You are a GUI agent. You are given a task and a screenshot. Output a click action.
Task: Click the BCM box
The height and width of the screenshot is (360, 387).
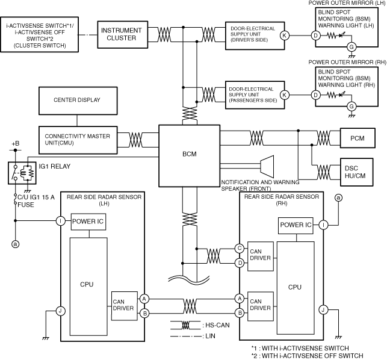pyautogui.click(x=189, y=154)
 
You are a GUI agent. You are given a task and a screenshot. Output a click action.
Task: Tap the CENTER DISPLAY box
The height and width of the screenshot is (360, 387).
pyautogui.click(x=77, y=100)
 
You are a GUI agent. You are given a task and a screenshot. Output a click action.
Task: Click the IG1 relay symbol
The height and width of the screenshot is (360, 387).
pyautogui.click(x=22, y=173)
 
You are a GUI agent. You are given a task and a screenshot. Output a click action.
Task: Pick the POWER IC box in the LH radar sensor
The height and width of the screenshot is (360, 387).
pyautogui.click(x=89, y=221)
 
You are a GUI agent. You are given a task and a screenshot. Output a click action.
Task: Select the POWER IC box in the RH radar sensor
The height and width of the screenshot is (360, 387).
pyautogui.click(x=295, y=225)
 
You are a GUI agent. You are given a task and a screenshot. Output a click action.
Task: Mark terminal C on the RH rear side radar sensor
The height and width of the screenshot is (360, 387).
pyautogui.click(x=240, y=248)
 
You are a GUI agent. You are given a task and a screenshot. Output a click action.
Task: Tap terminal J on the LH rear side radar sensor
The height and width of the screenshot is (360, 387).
pyautogui.click(x=60, y=311)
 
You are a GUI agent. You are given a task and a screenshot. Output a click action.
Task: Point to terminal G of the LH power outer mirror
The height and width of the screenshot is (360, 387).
pyautogui.click(x=352, y=46)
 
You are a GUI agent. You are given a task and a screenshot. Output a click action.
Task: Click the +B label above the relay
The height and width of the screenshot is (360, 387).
pyautogui.click(x=16, y=144)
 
